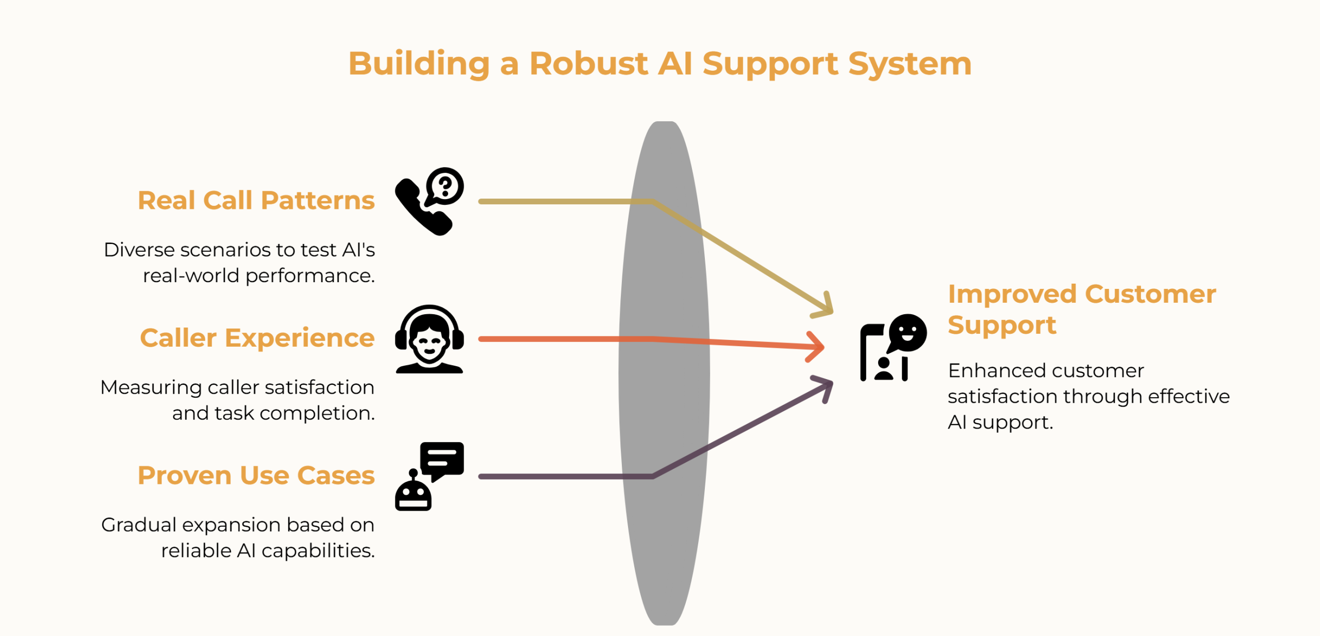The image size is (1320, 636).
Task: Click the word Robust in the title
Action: [588, 63]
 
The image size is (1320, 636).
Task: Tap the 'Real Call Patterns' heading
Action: [256, 200]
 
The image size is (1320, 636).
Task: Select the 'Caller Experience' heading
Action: [257, 338]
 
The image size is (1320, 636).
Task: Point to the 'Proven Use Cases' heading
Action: [256, 475]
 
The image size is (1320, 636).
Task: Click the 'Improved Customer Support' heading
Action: [1082, 309]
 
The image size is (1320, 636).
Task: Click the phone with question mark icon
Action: [430, 201]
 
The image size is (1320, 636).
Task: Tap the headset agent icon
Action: [430, 339]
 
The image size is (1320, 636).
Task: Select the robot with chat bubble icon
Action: [430, 476]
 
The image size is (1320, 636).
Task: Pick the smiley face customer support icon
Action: [894, 348]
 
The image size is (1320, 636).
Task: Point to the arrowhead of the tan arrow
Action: [824, 306]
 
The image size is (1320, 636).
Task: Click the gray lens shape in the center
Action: [664, 373]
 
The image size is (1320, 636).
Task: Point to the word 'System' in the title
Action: [910, 64]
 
